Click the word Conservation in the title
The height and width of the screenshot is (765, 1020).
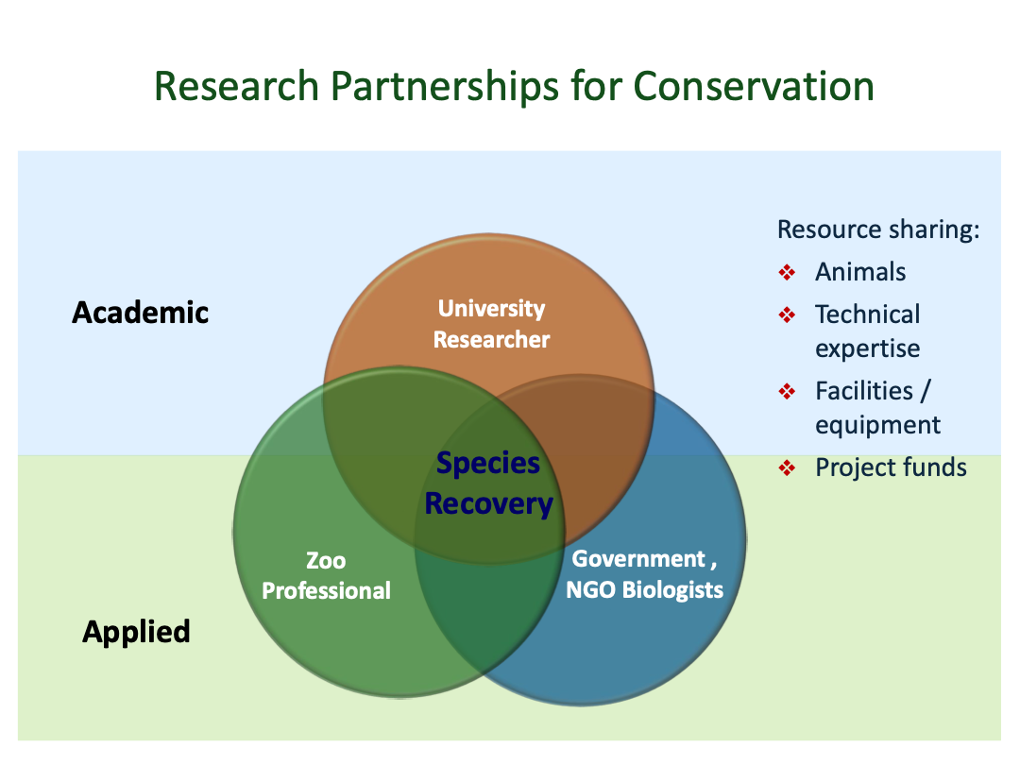coord(754,86)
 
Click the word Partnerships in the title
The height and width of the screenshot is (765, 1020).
coord(444,87)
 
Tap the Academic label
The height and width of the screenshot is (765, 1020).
coord(141,313)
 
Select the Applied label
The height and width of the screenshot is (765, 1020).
coord(137,632)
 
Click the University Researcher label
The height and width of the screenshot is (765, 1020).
coord(492,324)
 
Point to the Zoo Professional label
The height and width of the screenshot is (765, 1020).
coord(327,576)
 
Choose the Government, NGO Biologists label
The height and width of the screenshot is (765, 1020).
coord(645,574)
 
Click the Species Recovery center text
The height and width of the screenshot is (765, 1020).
coord(488,484)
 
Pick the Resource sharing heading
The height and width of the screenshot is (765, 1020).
coord(878,229)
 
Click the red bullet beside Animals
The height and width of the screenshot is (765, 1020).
coord(787,272)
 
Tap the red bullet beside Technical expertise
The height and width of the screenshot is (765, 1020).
coord(787,315)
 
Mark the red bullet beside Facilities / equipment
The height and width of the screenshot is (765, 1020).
coord(787,392)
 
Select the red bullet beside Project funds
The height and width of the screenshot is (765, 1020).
coord(787,467)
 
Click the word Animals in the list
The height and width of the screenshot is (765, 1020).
coord(860,272)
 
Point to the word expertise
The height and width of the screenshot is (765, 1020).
coord(868,349)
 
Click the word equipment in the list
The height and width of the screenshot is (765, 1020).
coord(877,426)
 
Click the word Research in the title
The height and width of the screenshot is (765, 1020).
coord(236,87)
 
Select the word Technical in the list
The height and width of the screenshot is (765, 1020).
coord(868,314)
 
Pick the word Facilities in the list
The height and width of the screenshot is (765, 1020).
coord(864,391)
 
